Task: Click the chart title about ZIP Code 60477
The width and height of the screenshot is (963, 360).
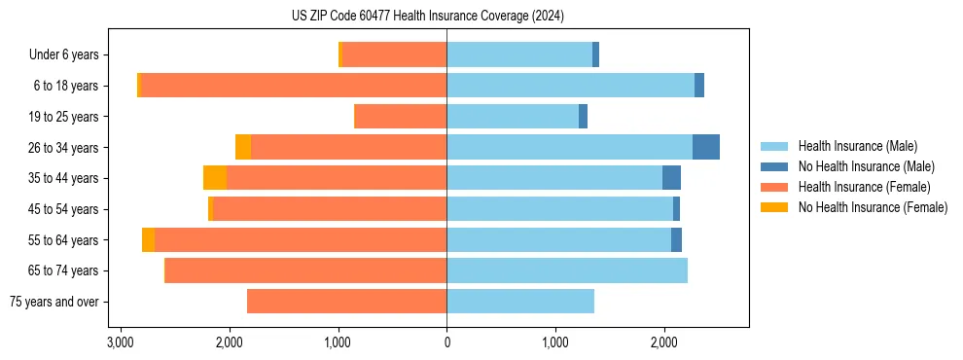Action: point(427,17)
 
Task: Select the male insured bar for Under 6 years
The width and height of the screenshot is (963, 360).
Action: point(518,54)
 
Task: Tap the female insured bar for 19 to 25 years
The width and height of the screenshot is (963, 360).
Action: point(400,117)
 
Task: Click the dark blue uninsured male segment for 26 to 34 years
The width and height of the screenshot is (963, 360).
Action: point(705,147)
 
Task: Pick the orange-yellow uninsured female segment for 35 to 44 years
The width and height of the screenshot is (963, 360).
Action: point(214,178)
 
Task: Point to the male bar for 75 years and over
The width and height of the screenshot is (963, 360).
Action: point(519,302)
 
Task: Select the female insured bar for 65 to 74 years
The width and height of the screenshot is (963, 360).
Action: point(305,270)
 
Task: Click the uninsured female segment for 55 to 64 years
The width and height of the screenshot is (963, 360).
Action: point(148,239)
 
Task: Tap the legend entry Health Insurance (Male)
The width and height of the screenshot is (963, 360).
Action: point(857,146)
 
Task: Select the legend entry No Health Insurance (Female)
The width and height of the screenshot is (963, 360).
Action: point(872,207)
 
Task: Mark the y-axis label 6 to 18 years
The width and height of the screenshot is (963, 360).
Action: point(66,86)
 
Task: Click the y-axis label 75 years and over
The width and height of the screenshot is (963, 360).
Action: point(54,302)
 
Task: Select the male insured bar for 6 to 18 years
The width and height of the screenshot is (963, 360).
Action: point(570,86)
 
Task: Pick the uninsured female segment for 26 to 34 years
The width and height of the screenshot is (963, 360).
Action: point(243,147)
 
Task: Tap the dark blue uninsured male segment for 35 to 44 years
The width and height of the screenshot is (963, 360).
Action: point(671,178)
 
